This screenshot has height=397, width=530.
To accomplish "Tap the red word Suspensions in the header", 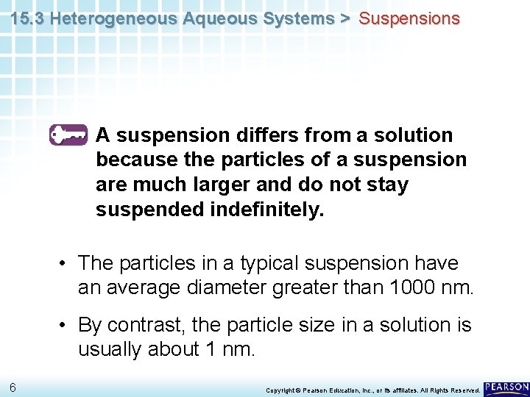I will (x=409, y=19).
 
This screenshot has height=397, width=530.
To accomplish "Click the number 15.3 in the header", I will (x=26, y=19).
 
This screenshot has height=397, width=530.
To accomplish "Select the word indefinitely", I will (x=266, y=210).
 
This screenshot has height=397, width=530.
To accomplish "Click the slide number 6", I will (x=13, y=387).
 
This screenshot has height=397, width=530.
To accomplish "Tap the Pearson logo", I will (x=506, y=387).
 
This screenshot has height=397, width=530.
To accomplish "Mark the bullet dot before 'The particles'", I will (x=66, y=264).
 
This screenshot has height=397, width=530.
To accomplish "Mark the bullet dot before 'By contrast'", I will (x=66, y=326).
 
